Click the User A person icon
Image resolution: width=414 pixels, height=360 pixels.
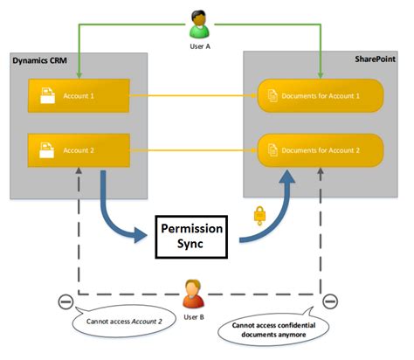[199, 21]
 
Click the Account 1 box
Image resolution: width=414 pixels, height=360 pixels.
[78, 93]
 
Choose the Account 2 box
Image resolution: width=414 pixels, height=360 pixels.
[78, 150]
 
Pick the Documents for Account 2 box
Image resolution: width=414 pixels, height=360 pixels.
[321, 150]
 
